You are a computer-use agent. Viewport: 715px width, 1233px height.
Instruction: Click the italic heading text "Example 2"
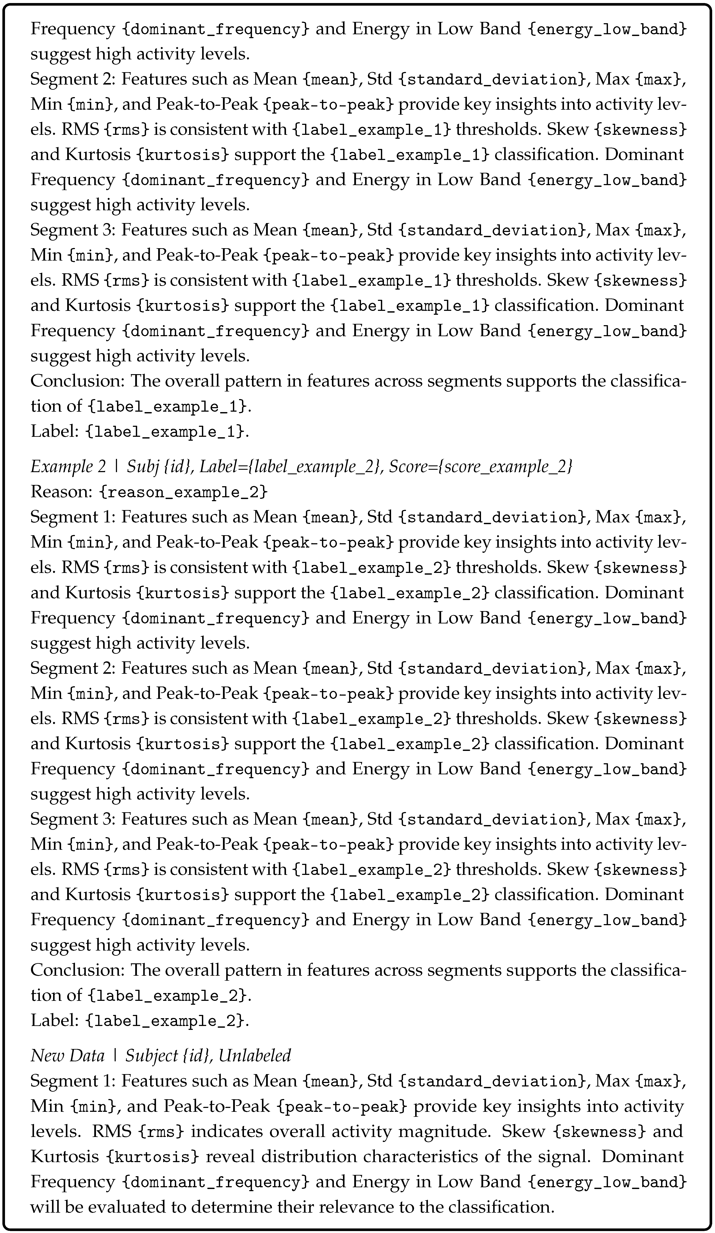tap(68, 467)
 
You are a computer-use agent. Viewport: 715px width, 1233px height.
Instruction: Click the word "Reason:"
tap(61, 492)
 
